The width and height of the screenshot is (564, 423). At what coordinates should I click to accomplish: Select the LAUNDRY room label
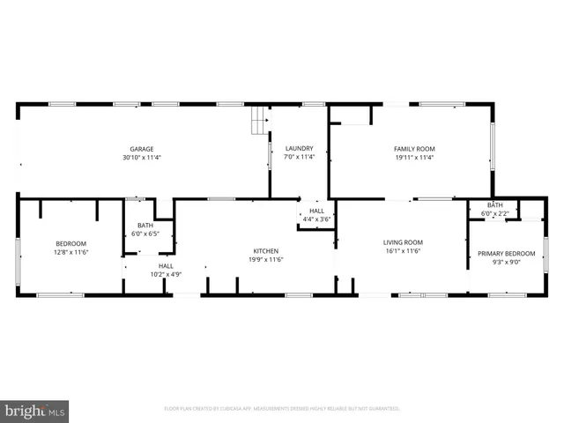click(x=299, y=149)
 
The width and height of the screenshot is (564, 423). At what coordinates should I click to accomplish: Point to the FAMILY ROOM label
click(x=413, y=149)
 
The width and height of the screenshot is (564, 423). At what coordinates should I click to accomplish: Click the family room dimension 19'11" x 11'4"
click(x=413, y=158)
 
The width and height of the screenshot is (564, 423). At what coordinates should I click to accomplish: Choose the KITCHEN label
click(x=266, y=250)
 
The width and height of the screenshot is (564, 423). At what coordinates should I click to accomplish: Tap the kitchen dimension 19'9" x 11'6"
click(x=266, y=259)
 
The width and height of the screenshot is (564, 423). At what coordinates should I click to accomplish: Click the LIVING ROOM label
click(x=403, y=242)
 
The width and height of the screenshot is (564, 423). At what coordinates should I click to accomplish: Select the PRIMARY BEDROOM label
click(x=507, y=253)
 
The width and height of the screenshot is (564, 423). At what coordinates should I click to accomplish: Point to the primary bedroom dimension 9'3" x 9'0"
click(x=507, y=262)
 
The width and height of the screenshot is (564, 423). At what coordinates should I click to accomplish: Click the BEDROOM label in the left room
click(x=71, y=243)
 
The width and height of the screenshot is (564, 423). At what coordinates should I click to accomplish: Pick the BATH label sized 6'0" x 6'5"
click(x=145, y=226)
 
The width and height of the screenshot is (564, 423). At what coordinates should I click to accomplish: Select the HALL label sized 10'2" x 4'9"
click(x=166, y=265)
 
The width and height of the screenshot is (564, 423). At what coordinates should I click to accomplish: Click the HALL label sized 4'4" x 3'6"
click(x=316, y=211)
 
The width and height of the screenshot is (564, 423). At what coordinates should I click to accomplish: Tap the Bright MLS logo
click(x=35, y=411)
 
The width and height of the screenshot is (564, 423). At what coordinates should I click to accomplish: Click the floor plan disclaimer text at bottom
click(x=282, y=409)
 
